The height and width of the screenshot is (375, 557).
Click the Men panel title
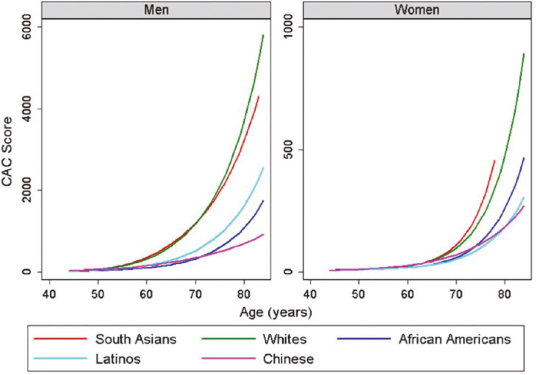click(156, 10)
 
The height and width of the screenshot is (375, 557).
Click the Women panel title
click(417, 10)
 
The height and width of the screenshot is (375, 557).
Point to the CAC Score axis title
click(7, 151)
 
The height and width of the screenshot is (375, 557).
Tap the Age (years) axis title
click(276, 312)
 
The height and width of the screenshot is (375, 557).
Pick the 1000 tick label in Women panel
click(288, 27)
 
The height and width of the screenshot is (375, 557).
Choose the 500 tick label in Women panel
click(288, 150)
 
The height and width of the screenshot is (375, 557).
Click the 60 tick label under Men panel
click(146, 295)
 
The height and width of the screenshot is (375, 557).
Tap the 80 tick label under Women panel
click(504, 295)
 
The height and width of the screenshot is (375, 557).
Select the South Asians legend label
click(136, 339)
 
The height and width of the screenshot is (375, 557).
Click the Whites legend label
click(285, 339)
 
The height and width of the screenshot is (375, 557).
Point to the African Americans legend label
click(455, 339)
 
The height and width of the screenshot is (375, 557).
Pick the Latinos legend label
click(118, 359)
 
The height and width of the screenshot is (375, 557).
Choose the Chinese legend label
click(288, 359)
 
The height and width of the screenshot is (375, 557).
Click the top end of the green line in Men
click(263, 35)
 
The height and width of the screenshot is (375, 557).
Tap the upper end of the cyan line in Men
click(263, 168)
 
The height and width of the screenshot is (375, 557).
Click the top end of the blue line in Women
click(524, 158)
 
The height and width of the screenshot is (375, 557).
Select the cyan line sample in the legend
click(61, 358)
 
